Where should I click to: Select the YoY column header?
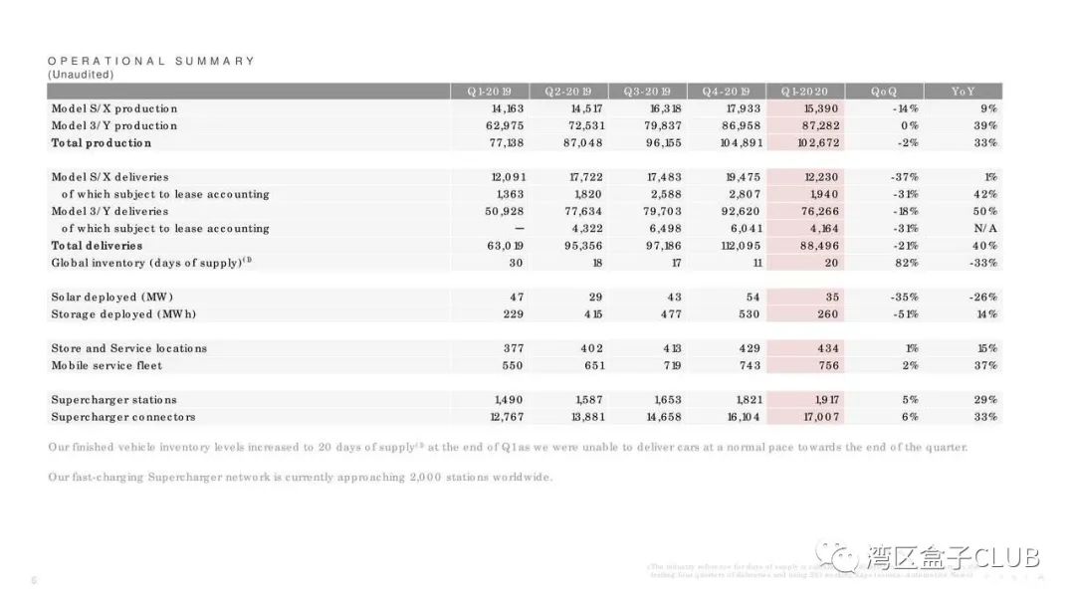(x=963, y=92)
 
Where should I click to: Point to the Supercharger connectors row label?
(x=123, y=417)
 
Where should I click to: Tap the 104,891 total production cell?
(x=741, y=143)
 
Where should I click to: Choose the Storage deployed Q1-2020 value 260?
(x=826, y=314)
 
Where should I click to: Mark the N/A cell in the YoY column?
(x=986, y=229)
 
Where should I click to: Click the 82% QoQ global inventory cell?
(x=905, y=263)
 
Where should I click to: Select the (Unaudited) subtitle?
(x=81, y=75)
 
